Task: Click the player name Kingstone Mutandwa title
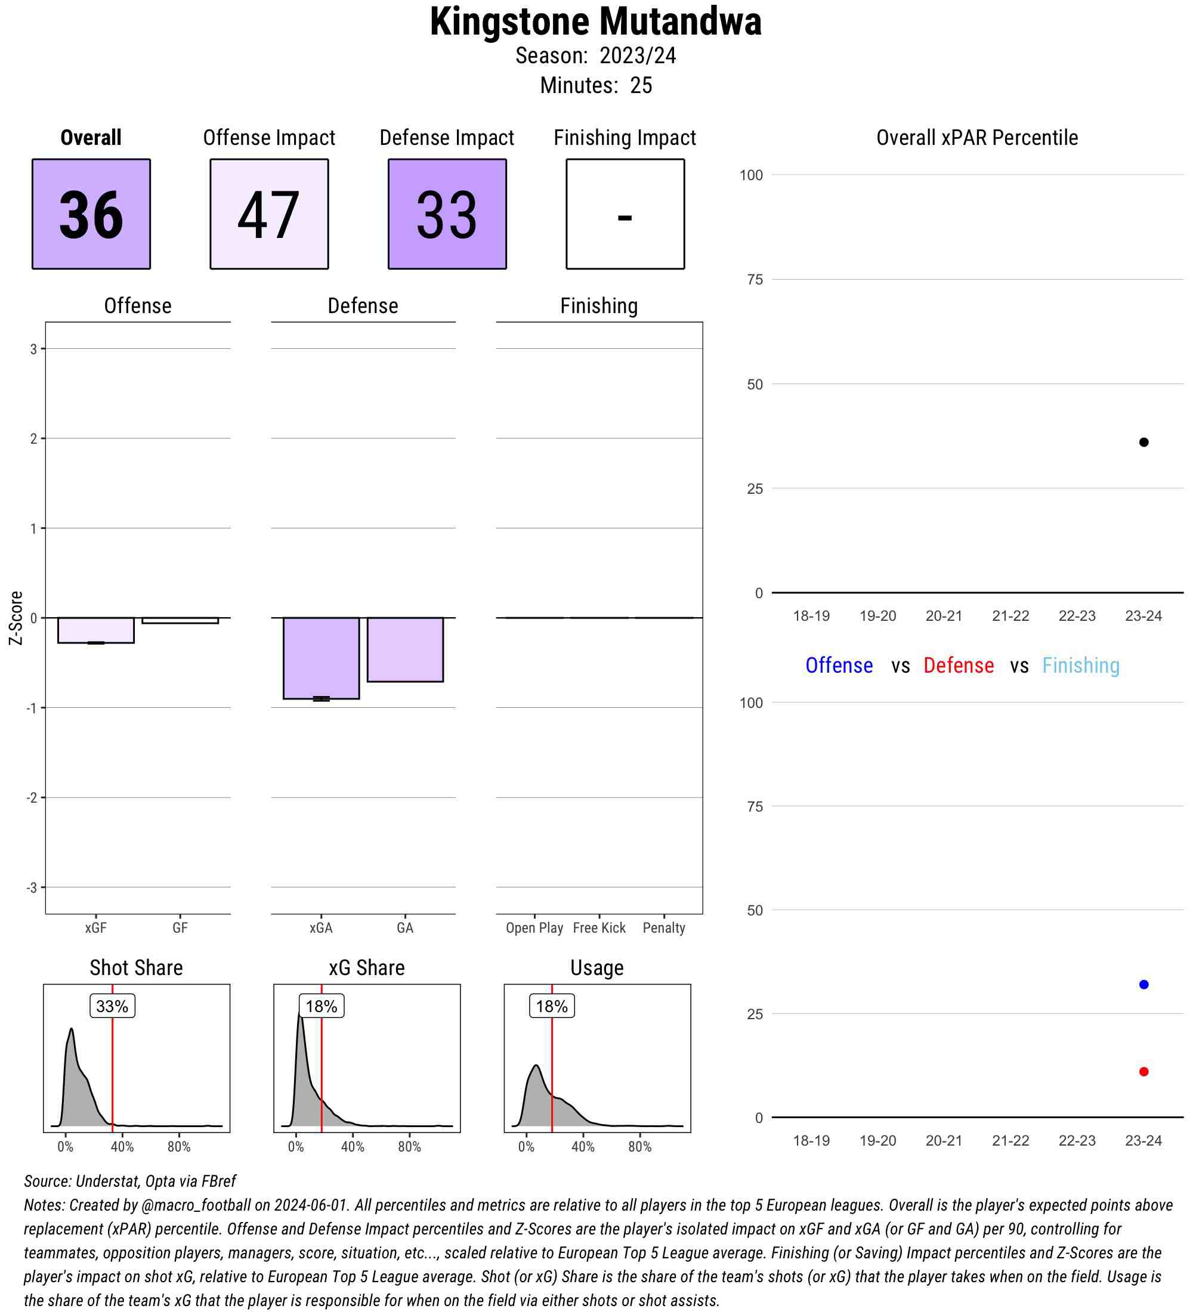pos(595,22)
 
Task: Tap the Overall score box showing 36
pos(91,213)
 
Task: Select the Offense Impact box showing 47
pos(269,213)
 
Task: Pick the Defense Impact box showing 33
pos(447,213)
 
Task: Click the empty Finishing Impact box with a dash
pos(625,213)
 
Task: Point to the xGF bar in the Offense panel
pos(95,630)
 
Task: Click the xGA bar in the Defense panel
pos(321,658)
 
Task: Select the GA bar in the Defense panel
pos(405,649)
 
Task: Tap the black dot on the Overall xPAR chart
pos(1143,443)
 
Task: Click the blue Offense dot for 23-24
pos(1143,985)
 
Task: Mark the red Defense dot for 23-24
pos(1143,1072)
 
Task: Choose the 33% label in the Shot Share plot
pos(112,1006)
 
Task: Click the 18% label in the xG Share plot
pos(321,1006)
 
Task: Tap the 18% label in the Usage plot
pos(551,1006)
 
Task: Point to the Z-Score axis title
pos(16,618)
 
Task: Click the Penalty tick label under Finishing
pos(664,928)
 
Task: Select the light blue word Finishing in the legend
pos(1080,665)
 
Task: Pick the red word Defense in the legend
pos(959,665)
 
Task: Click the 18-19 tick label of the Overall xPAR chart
pos(811,615)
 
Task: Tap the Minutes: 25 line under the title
pos(595,85)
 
